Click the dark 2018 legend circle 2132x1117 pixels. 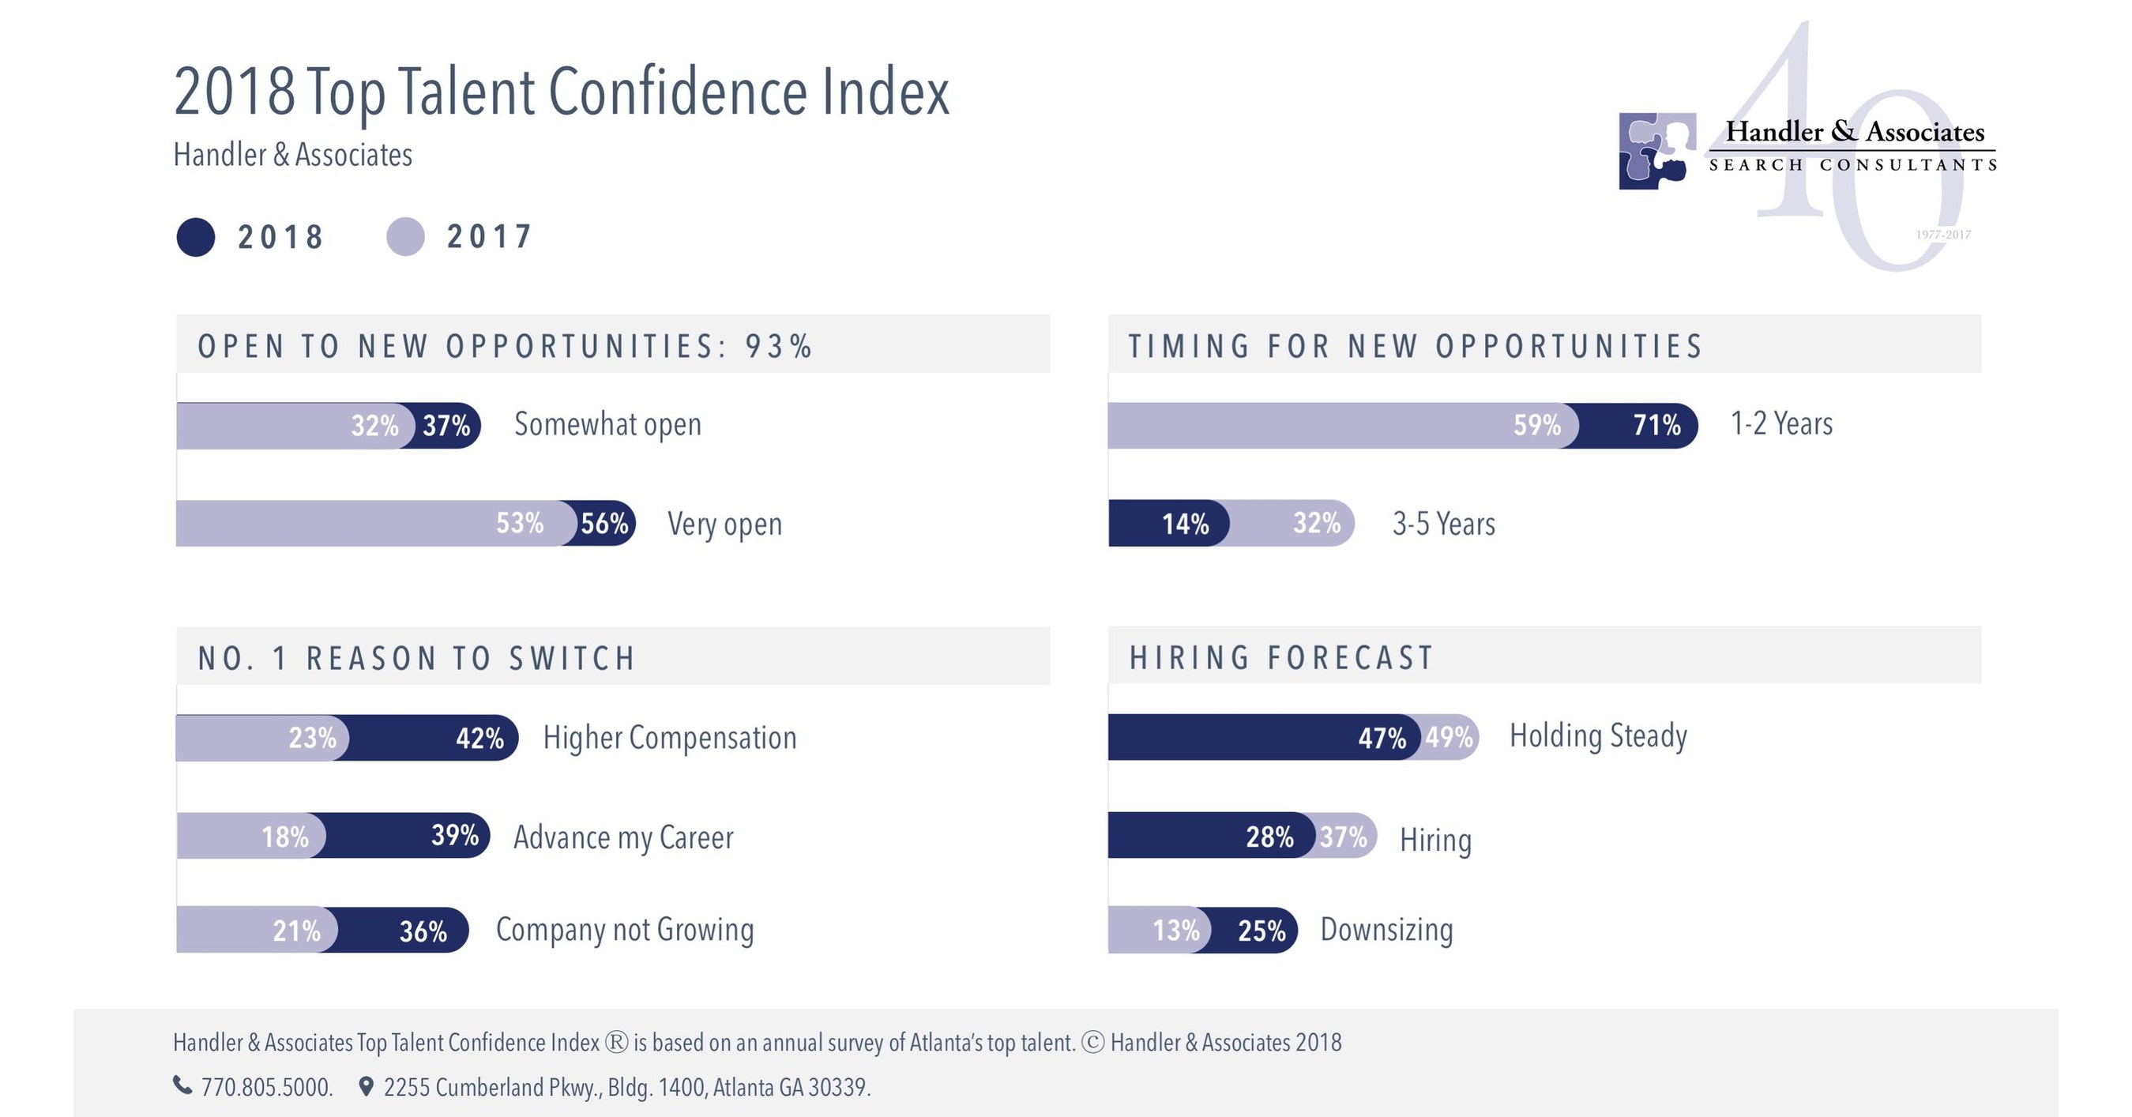pos(196,238)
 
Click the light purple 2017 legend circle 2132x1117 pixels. pos(405,238)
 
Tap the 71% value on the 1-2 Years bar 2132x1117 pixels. pos(1657,425)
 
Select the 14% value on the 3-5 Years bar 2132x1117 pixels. pos(1185,524)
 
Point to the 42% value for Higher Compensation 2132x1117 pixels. pos(480,738)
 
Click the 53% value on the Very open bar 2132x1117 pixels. pos(520,524)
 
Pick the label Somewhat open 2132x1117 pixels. pos(607,424)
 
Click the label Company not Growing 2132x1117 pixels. pos(625,930)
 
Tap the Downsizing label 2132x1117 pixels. pos(1386,930)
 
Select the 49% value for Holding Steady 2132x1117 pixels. pos(1450,737)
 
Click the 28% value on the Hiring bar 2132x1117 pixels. pos(1269,837)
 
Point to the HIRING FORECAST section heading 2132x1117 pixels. pos(1281,658)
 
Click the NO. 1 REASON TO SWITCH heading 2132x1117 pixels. pos(416,659)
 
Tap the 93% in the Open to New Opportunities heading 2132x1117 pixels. pos(779,347)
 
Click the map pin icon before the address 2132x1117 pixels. pos(366,1086)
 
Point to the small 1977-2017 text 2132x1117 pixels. pos(1942,235)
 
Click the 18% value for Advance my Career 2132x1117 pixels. pos(285,837)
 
